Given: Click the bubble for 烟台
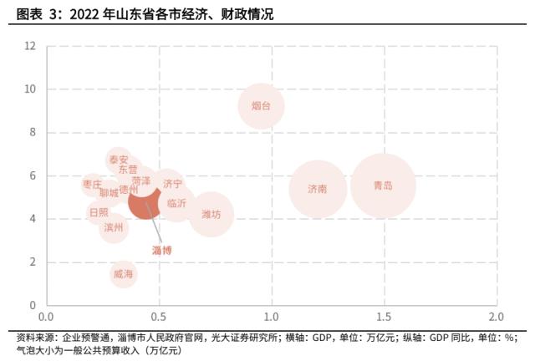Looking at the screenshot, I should [x=261, y=106].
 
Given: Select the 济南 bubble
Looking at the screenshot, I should [x=317, y=189].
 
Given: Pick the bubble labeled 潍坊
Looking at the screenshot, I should [x=211, y=215].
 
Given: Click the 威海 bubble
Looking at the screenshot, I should [x=123, y=273].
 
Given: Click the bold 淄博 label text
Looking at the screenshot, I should [x=161, y=250].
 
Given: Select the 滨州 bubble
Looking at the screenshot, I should [x=114, y=226].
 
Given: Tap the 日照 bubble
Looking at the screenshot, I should [x=99, y=212].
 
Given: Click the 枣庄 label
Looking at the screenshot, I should [x=92, y=184].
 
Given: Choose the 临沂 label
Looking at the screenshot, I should [x=176, y=203].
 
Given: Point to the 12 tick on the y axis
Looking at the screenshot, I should [x=30, y=45].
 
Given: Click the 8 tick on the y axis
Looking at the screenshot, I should [x=33, y=132].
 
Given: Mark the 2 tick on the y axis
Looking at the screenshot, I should [x=33, y=262].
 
